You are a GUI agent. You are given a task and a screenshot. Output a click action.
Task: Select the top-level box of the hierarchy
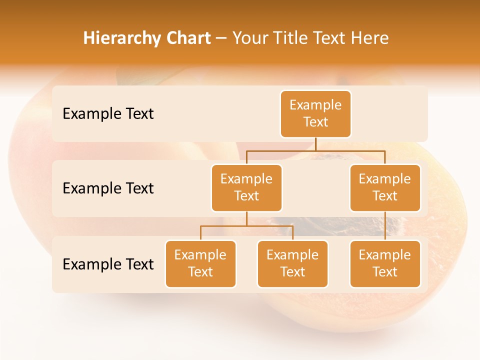[315, 114]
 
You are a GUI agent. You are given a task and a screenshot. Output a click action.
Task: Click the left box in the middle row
[246, 187]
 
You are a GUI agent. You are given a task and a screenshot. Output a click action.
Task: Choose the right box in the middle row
[385, 187]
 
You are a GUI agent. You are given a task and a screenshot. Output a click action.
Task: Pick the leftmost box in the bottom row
[200, 263]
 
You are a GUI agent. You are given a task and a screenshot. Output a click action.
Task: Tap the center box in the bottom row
[292, 263]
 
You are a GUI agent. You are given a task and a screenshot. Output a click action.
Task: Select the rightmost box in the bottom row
[385, 263]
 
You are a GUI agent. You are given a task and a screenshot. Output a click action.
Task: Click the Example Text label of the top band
[108, 114]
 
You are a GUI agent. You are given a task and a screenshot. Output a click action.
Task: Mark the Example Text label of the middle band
[108, 188]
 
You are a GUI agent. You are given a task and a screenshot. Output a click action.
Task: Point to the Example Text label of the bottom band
[108, 264]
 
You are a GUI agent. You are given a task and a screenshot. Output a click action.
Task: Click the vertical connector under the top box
[315, 144]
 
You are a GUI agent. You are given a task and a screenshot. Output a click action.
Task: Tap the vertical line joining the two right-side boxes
[385, 226]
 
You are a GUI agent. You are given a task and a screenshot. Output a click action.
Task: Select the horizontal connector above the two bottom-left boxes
[246, 226]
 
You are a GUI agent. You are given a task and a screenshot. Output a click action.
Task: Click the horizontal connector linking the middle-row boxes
[315, 150]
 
